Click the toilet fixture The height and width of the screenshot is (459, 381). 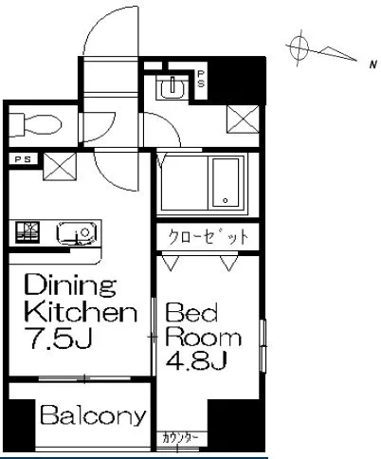pos(35,124)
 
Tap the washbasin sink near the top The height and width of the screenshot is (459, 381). pos(172,87)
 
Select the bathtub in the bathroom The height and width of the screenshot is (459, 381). pos(226,182)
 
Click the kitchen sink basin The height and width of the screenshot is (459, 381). pos(77,233)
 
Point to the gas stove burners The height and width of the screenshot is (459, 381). pos(27,232)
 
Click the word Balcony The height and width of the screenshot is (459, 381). pos(93,415)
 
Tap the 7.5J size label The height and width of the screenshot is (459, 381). pos(59,338)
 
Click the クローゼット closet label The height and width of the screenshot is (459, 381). pos(209,237)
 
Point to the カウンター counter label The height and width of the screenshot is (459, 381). pos(180,438)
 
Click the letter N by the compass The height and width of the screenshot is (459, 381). pos(373,64)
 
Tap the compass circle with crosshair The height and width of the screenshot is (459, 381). pos(299,48)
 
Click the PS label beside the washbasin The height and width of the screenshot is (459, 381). pos(201,79)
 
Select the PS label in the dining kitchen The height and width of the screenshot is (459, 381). pos(24,159)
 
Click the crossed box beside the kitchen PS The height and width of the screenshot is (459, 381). pos(60,167)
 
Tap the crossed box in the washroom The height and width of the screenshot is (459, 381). pos(243,119)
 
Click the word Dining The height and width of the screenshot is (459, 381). pos(70,285)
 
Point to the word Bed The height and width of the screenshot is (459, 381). pos(192,312)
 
